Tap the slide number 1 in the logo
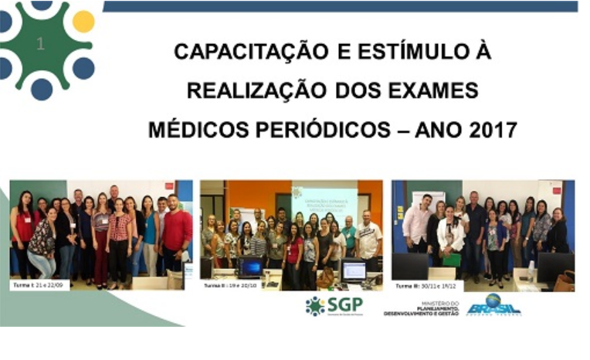click(40, 45)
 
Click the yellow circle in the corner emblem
click(83, 22)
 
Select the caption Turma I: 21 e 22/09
click(40, 284)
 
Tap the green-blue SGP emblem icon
click(315, 306)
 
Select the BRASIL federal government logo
click(493, 305)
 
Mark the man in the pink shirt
click(419, 224)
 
